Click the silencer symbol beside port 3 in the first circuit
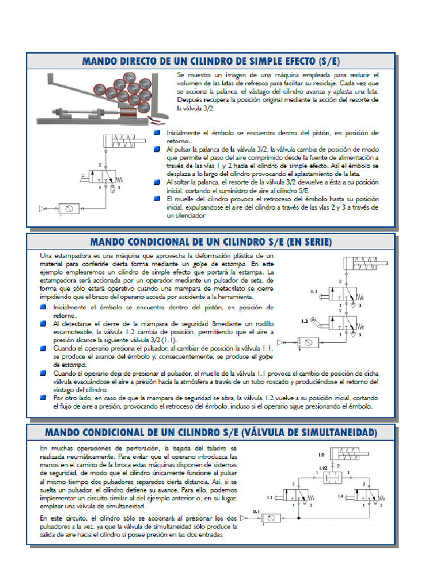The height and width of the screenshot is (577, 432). tap(112, 187)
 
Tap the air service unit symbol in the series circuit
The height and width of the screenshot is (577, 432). tap(308, 342)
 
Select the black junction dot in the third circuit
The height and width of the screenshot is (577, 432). tap(298, 517)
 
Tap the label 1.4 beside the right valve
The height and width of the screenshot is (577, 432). tap(340, 496)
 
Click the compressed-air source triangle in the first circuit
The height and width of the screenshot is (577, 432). tap(42, 208)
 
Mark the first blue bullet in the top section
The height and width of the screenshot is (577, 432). tap(157, 132)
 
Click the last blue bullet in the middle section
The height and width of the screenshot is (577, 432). tap(43, 397)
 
